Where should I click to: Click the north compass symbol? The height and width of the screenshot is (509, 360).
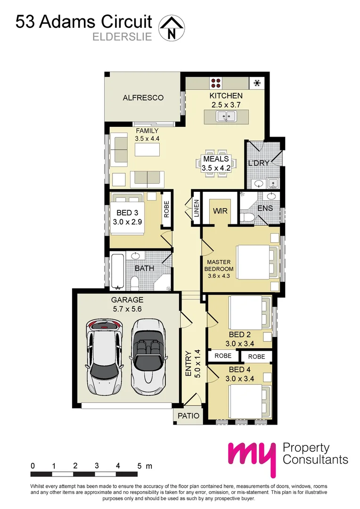[171, 27]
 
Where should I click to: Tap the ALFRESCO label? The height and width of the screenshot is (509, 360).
[143, 98]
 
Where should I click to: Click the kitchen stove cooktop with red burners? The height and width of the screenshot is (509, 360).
[216, 83]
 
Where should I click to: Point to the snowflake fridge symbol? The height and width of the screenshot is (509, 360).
[257, 83]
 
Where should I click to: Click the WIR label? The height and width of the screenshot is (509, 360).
[221, 211]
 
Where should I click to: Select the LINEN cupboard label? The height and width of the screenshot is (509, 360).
[196, 208]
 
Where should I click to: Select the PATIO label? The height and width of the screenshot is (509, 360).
[188, 416]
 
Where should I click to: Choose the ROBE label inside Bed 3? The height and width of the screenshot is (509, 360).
[166, 209]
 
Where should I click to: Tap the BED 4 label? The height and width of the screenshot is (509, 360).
[239, 369]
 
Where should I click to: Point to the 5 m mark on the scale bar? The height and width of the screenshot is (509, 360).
[139, 466]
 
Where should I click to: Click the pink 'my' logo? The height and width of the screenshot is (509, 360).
[252, 456]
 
